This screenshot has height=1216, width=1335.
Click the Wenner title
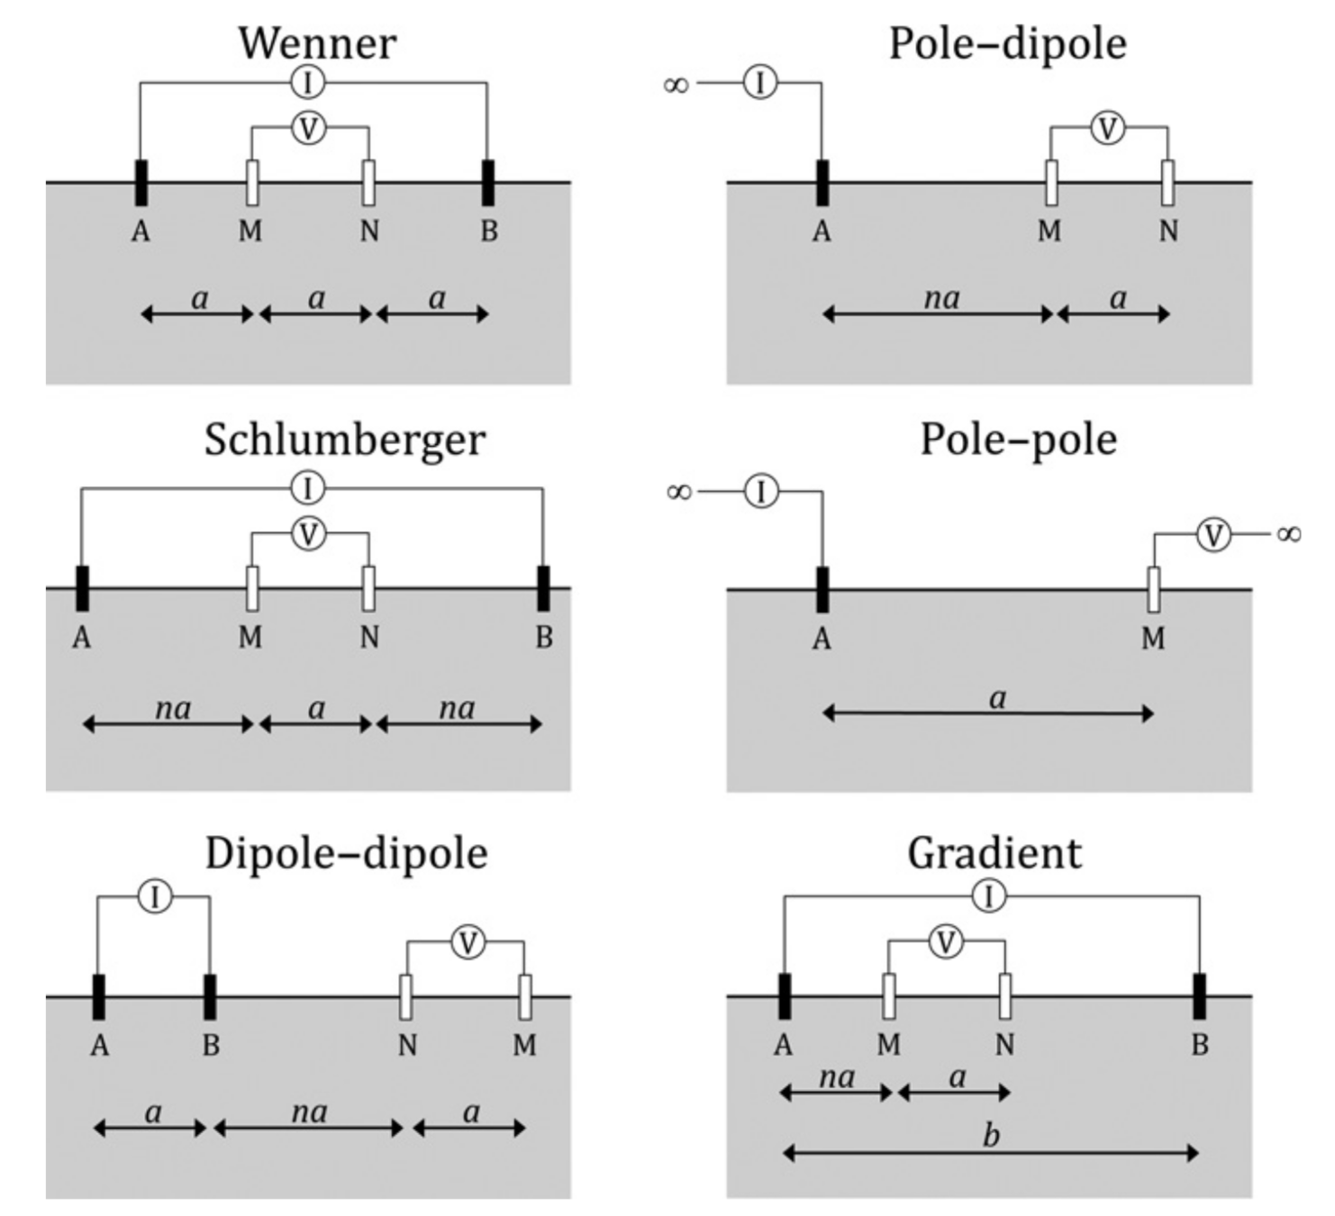click(317, 43)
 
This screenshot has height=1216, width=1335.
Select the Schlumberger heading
click(344, 440)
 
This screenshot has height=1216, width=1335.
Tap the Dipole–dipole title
click(347, 853)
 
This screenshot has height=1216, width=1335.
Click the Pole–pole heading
click(1018, 440)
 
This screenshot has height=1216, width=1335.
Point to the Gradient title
click(994, 853)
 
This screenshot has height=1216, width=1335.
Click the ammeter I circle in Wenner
click(308, 83)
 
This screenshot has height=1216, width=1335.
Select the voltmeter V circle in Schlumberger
click(308, 534)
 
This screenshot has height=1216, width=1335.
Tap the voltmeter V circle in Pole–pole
click(1213, 535)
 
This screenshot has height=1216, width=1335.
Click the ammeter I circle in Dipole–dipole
click(155, 897)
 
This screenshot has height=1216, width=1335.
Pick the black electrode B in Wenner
click(488, 183)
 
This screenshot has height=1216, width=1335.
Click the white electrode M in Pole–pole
click(1153, 590)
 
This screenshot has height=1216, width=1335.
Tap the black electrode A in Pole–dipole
click(822, 183)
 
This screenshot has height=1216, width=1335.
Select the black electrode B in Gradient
click(1199, 996)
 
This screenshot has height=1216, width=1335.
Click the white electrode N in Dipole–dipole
click(406, 997)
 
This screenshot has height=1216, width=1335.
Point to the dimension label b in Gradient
click(991, 1135)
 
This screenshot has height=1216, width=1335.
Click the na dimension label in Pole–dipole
click(941, 298)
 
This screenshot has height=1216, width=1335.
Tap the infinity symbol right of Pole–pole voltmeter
click(1288, 535)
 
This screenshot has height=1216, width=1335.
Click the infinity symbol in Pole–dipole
click(676, 85)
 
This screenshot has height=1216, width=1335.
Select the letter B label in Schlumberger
click(543, 638)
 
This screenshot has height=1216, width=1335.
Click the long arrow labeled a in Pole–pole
click(988, 714)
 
